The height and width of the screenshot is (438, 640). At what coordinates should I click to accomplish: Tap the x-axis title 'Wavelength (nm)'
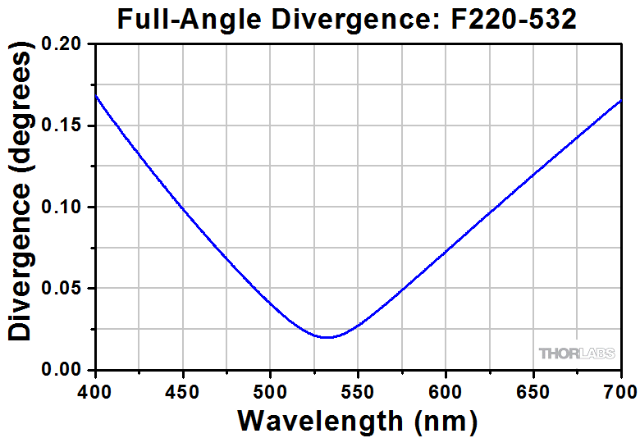click(358, 421)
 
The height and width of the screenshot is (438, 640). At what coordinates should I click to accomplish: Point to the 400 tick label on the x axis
click(95, 390)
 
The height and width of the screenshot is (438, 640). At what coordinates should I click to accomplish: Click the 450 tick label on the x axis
click(183, 390)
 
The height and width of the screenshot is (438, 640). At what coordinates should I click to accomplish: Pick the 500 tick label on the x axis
click(271, 390)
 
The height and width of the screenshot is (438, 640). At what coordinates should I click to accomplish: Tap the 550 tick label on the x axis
click(358, 390)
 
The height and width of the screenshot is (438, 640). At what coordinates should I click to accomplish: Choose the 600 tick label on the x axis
click(446, 390)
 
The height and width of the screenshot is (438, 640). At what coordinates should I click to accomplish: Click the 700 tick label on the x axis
click(619, 390)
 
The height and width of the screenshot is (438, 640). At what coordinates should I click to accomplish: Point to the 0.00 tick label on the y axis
click(64, 370)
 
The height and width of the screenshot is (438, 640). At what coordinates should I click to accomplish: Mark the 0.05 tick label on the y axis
click(64, 289)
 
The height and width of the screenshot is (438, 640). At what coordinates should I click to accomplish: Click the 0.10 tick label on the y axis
click(64, 207)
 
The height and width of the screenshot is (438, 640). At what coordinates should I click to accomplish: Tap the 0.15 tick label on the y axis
click(64, 125)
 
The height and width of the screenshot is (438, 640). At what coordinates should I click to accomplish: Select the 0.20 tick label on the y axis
click(64, 44)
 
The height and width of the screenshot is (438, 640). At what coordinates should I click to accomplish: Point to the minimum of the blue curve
click(327, 337)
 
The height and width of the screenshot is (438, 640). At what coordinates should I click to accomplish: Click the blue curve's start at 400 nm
click(96, 96)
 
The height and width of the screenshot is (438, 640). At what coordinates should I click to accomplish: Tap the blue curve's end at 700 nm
click(620, 100)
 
